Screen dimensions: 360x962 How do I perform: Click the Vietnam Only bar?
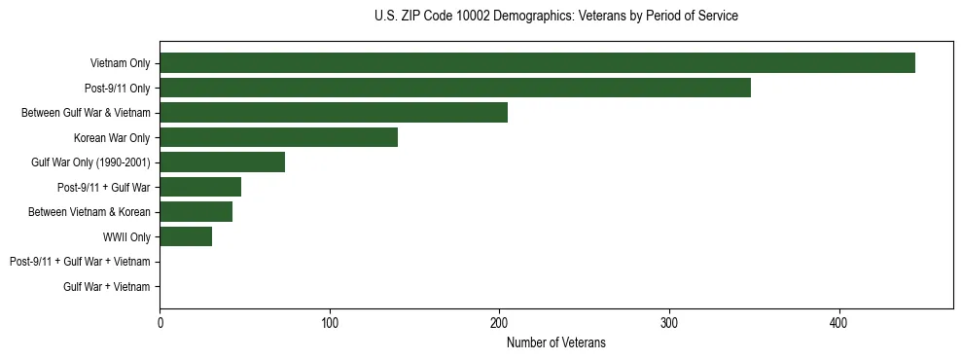[x=537, y=63]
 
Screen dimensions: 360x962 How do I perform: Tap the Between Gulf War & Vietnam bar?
[x=334, y=113]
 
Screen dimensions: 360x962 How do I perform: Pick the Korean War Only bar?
[x=278, y=137]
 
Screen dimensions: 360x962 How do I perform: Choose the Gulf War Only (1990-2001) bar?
[x=222, y=162]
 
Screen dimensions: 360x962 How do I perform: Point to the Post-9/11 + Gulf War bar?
[x=200, y=187]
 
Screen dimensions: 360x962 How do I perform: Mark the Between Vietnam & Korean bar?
[x=196, y=211]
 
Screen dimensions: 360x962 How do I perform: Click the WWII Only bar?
[x=186, y=236]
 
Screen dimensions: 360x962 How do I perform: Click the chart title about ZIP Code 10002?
[x=555, y=17]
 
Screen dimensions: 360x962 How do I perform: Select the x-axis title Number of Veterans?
[x=555, y=342]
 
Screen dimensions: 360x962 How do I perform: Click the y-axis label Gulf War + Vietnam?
[x=107, y=286]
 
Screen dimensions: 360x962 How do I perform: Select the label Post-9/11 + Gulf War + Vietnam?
[x=80, y=262]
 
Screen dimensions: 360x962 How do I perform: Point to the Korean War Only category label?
[x=112, y=137]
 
